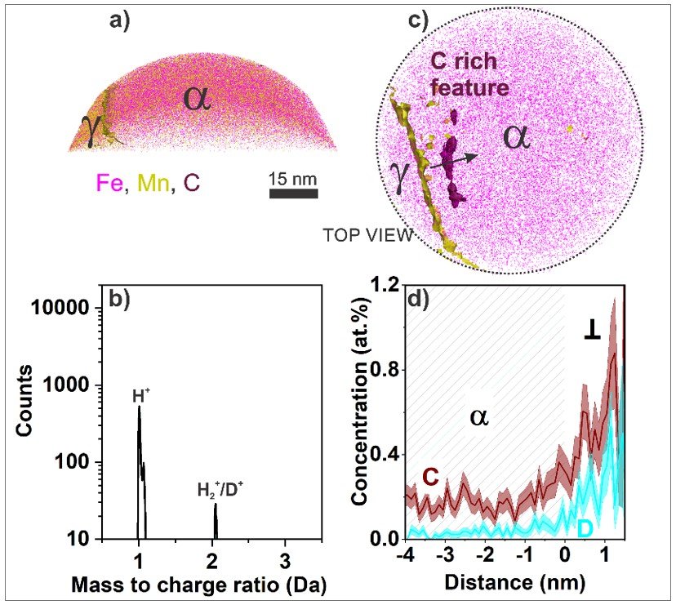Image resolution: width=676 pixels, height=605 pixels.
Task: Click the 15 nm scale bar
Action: (x=293, y=193)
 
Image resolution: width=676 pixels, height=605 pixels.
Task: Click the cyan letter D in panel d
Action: (x=585, y=528)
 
